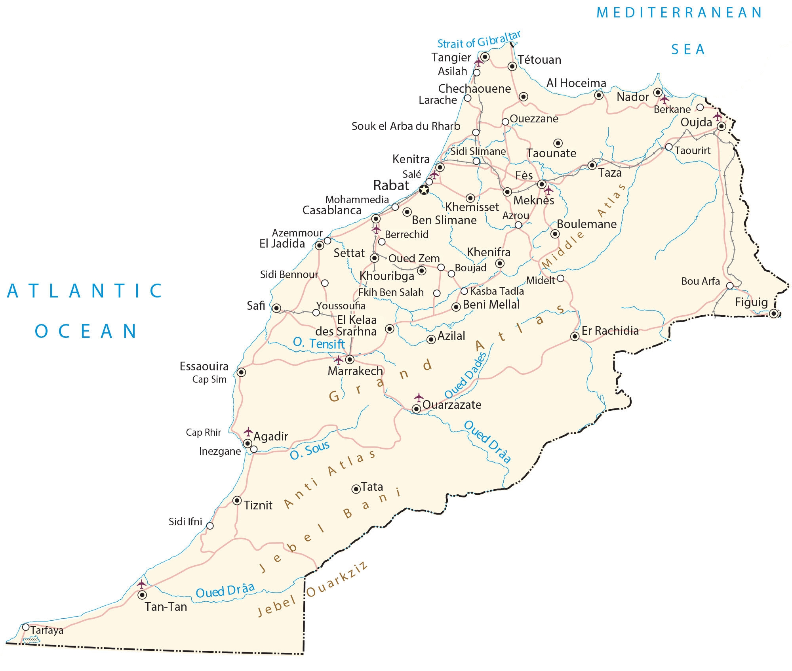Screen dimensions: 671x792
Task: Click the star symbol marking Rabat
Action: pos(424,190)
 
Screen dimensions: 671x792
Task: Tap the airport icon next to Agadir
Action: pos(248,431)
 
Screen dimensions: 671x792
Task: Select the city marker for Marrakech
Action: pos(350,359)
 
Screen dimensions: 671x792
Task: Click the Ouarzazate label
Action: pos(452,405)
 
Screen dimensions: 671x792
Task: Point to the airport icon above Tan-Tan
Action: pos(141,584)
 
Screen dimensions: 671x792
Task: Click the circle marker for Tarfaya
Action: pos(26,627)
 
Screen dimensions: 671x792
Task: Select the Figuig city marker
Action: pos(774,314)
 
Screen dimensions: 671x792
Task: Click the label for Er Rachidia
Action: pos(610,331)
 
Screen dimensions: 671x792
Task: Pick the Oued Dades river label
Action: pos(465,376)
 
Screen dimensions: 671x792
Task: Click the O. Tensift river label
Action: pos(319,343)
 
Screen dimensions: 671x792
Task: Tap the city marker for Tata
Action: pos(356,489)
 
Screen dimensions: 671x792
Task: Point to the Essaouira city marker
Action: pos(241,372)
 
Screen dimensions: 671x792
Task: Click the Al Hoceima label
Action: pos(576,83)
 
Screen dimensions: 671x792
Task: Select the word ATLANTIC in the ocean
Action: pos(85,291)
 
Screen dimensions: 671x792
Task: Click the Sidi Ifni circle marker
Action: pos(210,526)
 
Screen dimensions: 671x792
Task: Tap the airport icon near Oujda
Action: pos(717,116)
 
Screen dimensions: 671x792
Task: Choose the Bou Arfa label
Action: pos(700,281)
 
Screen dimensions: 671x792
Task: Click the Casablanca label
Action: pos(332,210)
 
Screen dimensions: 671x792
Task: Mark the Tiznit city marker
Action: pos(237,500)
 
